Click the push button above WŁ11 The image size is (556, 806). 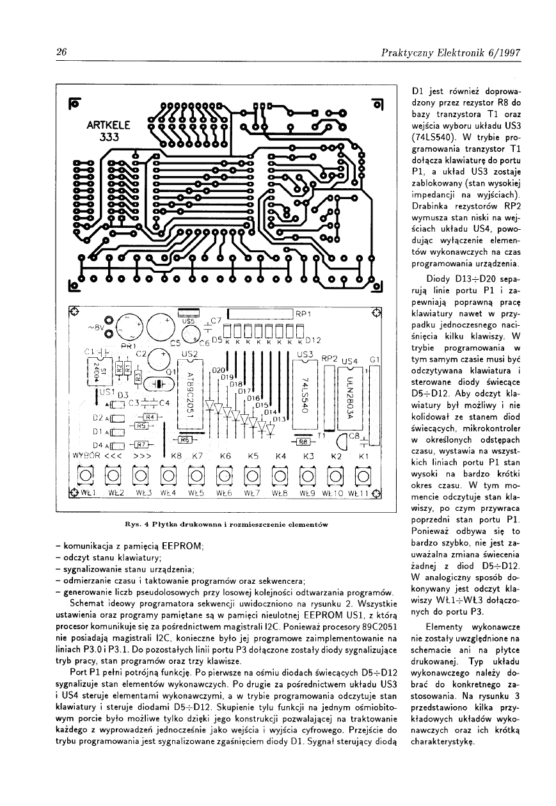362,475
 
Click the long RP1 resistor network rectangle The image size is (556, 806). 260,314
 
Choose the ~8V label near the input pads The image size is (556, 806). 95,327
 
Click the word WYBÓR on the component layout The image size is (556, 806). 88,456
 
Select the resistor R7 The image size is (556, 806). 143,445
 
